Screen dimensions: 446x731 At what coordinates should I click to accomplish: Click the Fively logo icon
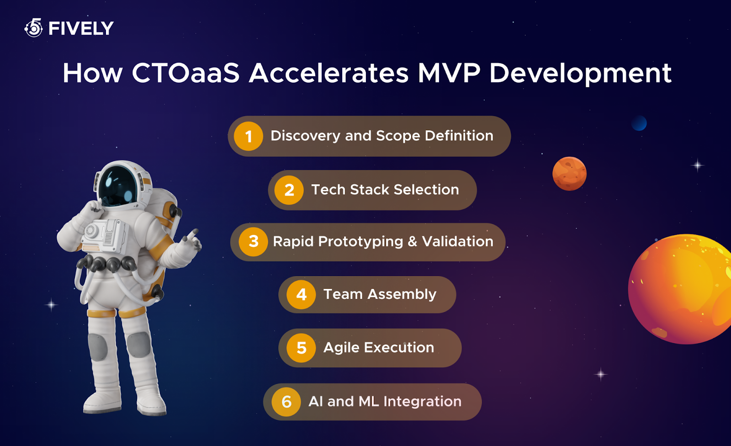click(x=34, y=28)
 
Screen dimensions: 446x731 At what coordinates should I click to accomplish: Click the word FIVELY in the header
click(x=81, y=29)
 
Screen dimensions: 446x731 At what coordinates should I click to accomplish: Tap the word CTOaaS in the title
click(x=185, y=73)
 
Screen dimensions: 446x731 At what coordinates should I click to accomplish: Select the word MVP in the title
click(x=449, y=73)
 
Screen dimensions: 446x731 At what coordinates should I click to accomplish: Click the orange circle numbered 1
click(x=249, y=136)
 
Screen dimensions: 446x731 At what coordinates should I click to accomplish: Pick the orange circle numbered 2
click(x=289, y=190)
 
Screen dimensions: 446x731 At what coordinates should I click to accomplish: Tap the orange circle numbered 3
click(x=254, y=241)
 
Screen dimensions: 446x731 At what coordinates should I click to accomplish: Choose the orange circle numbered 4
click(x=301, y=294)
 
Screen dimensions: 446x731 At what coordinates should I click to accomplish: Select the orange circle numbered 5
click(x=301, y=348)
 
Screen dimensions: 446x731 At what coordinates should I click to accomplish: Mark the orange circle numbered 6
click(x=286, y=402)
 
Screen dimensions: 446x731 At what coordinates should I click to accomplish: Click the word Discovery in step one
click(x=305, y=136)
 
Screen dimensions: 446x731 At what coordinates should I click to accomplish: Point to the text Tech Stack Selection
click(x=385, y=190)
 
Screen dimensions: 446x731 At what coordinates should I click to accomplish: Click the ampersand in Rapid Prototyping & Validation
click(x=413, y=241)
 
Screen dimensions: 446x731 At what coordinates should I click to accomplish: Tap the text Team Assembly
click(x=380, y=294)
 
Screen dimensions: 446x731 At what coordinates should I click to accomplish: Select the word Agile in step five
click(x=341, y=348)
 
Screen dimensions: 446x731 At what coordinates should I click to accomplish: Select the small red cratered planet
click(x=569, y=174)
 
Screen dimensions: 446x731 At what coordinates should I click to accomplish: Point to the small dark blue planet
click(x=639, y=123)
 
